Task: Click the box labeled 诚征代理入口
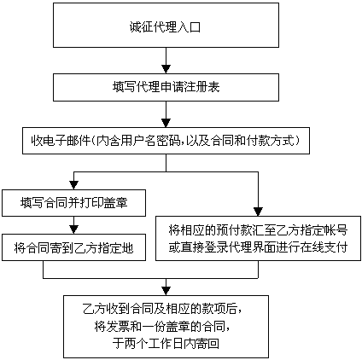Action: point(166,25)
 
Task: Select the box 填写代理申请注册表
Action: point(166,87)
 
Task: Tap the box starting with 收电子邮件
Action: point(166,141)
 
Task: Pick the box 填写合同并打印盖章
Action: point(73,203)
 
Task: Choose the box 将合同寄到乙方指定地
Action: point(73,247)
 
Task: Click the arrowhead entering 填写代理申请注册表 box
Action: point(166,69)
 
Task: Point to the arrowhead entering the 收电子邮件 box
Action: point(166,124)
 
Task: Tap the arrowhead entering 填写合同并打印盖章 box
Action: point(73,186)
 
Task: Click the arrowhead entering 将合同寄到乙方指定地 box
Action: point(73,229)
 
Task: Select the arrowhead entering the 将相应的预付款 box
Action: point(258,212)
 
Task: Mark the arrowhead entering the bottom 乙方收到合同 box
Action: point(166,291)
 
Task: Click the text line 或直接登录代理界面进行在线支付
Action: point(258,247)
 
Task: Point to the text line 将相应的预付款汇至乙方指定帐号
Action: point(258,229)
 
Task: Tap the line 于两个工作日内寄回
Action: point(166,344)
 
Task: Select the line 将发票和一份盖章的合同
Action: point(162,326)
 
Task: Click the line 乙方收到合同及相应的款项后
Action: point(163,309)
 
